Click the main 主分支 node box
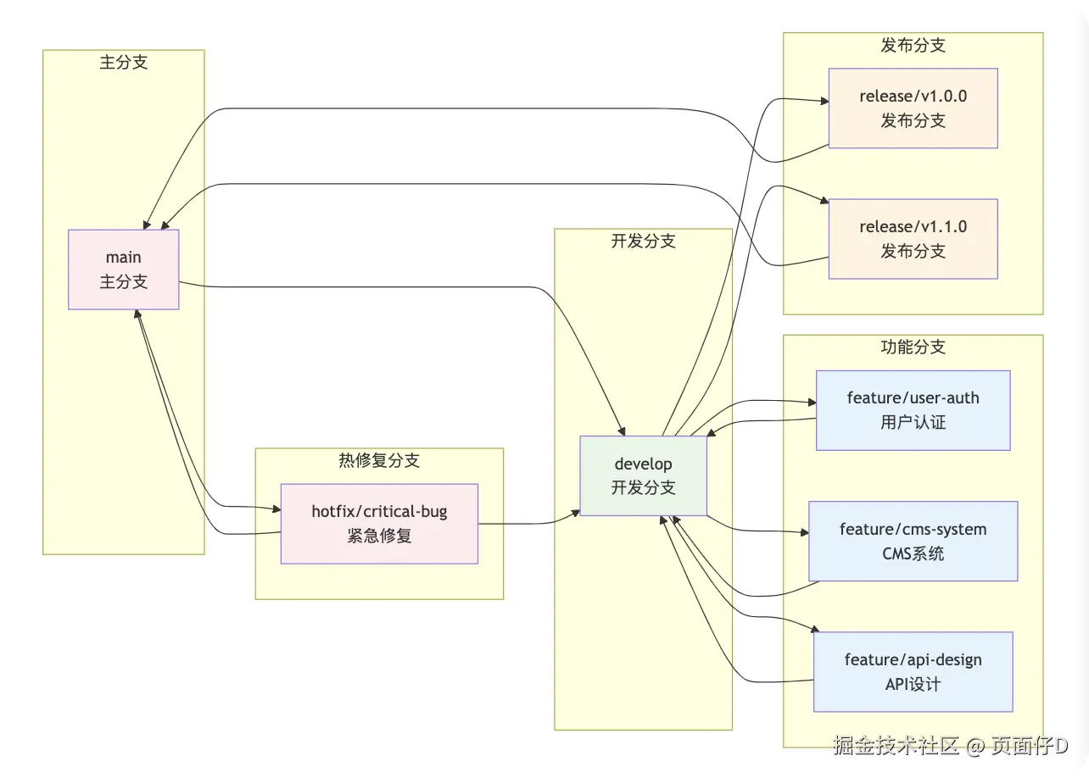(124, 270)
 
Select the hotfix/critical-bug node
(379, 524)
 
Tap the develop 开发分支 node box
(643, 475)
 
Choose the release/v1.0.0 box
(913, 108)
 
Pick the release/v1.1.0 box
(913, 239)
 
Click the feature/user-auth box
(913, 410)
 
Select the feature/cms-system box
(913, 541)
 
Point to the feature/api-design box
(913, 671)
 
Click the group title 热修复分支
(379, 461)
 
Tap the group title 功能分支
(913, 347)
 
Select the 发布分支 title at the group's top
(913, 46)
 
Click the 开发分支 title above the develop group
(643, 242)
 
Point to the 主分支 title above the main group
(124, 63)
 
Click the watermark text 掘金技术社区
(896, 746)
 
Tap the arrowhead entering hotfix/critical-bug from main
(276, 509)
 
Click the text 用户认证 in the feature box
(913, 422)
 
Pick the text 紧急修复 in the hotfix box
(379, 536)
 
